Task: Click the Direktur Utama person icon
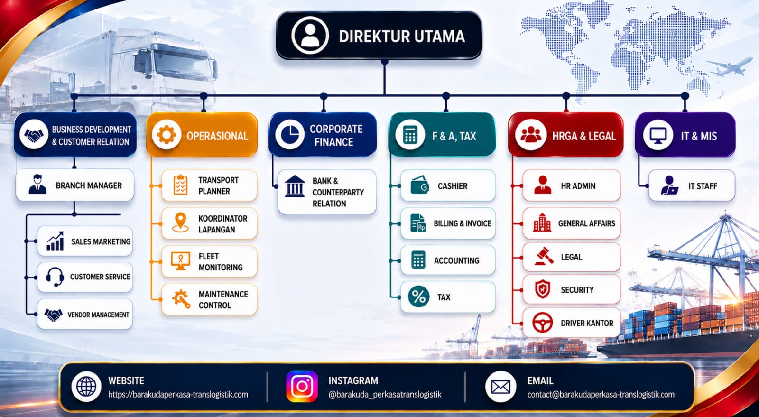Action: pos(310,36)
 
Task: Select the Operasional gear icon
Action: pos(167,135)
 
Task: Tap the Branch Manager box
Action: pos(75,185)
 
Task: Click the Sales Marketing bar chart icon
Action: pos(55,241)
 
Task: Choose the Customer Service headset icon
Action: pos(55,277)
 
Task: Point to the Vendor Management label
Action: pos(98,315)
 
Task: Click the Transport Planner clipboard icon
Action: pos(181,185)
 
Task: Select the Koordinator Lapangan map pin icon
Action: pos(180,222)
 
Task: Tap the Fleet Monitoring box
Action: pos(209,261)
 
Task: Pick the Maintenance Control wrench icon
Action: pos(181,299)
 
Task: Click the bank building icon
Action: pos(295,186)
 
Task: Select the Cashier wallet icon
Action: pos(419,185)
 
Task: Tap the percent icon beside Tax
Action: pos(419,297)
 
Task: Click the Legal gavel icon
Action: pos(544,257)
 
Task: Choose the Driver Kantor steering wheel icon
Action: pos(543,323)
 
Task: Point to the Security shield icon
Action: pos(543,289)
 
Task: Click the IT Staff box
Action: pos(692,185)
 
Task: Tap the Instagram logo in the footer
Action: pos(302,387)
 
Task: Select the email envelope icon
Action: pos(500,387)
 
